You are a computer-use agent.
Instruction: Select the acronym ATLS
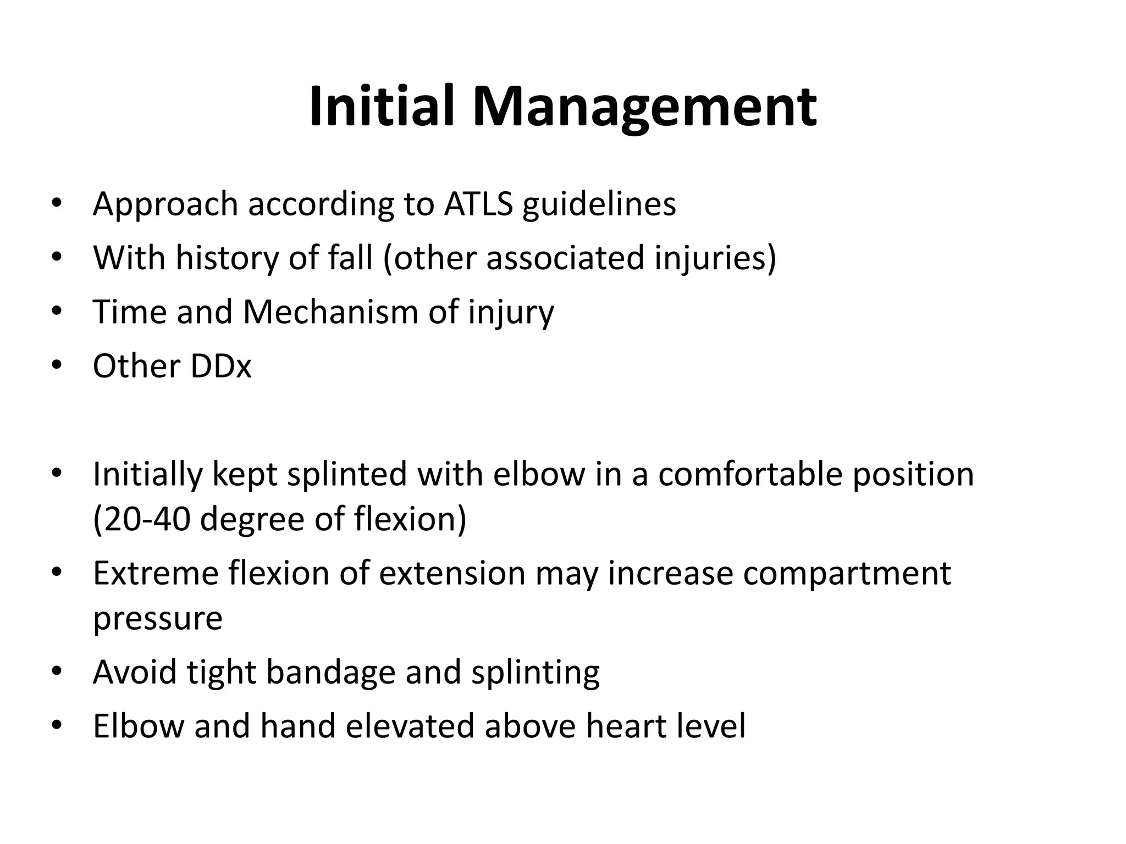(x=478, y=204)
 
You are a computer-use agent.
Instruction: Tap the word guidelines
(x=599, y=205)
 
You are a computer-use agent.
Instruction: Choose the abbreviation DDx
(x=220, y=365)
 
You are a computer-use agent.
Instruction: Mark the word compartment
(x=847, y=574)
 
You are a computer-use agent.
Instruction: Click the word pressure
(x=158, y=619)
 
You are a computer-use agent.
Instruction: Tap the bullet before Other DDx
(x=56, y=365)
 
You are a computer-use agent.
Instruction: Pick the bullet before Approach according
(x=56, y=204)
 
